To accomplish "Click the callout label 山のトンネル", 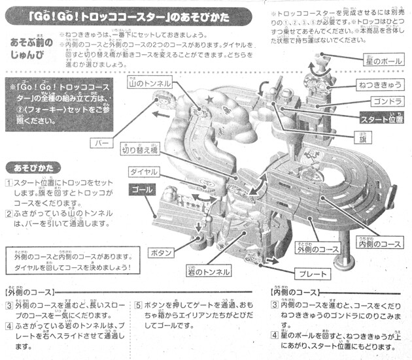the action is [x=150, y=84].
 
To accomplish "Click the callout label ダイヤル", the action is [x=143, y=172].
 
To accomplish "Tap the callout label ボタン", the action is [x=162, y=252].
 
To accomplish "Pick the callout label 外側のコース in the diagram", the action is [x=318, y=249].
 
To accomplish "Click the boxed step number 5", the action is [x=139, y=304].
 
